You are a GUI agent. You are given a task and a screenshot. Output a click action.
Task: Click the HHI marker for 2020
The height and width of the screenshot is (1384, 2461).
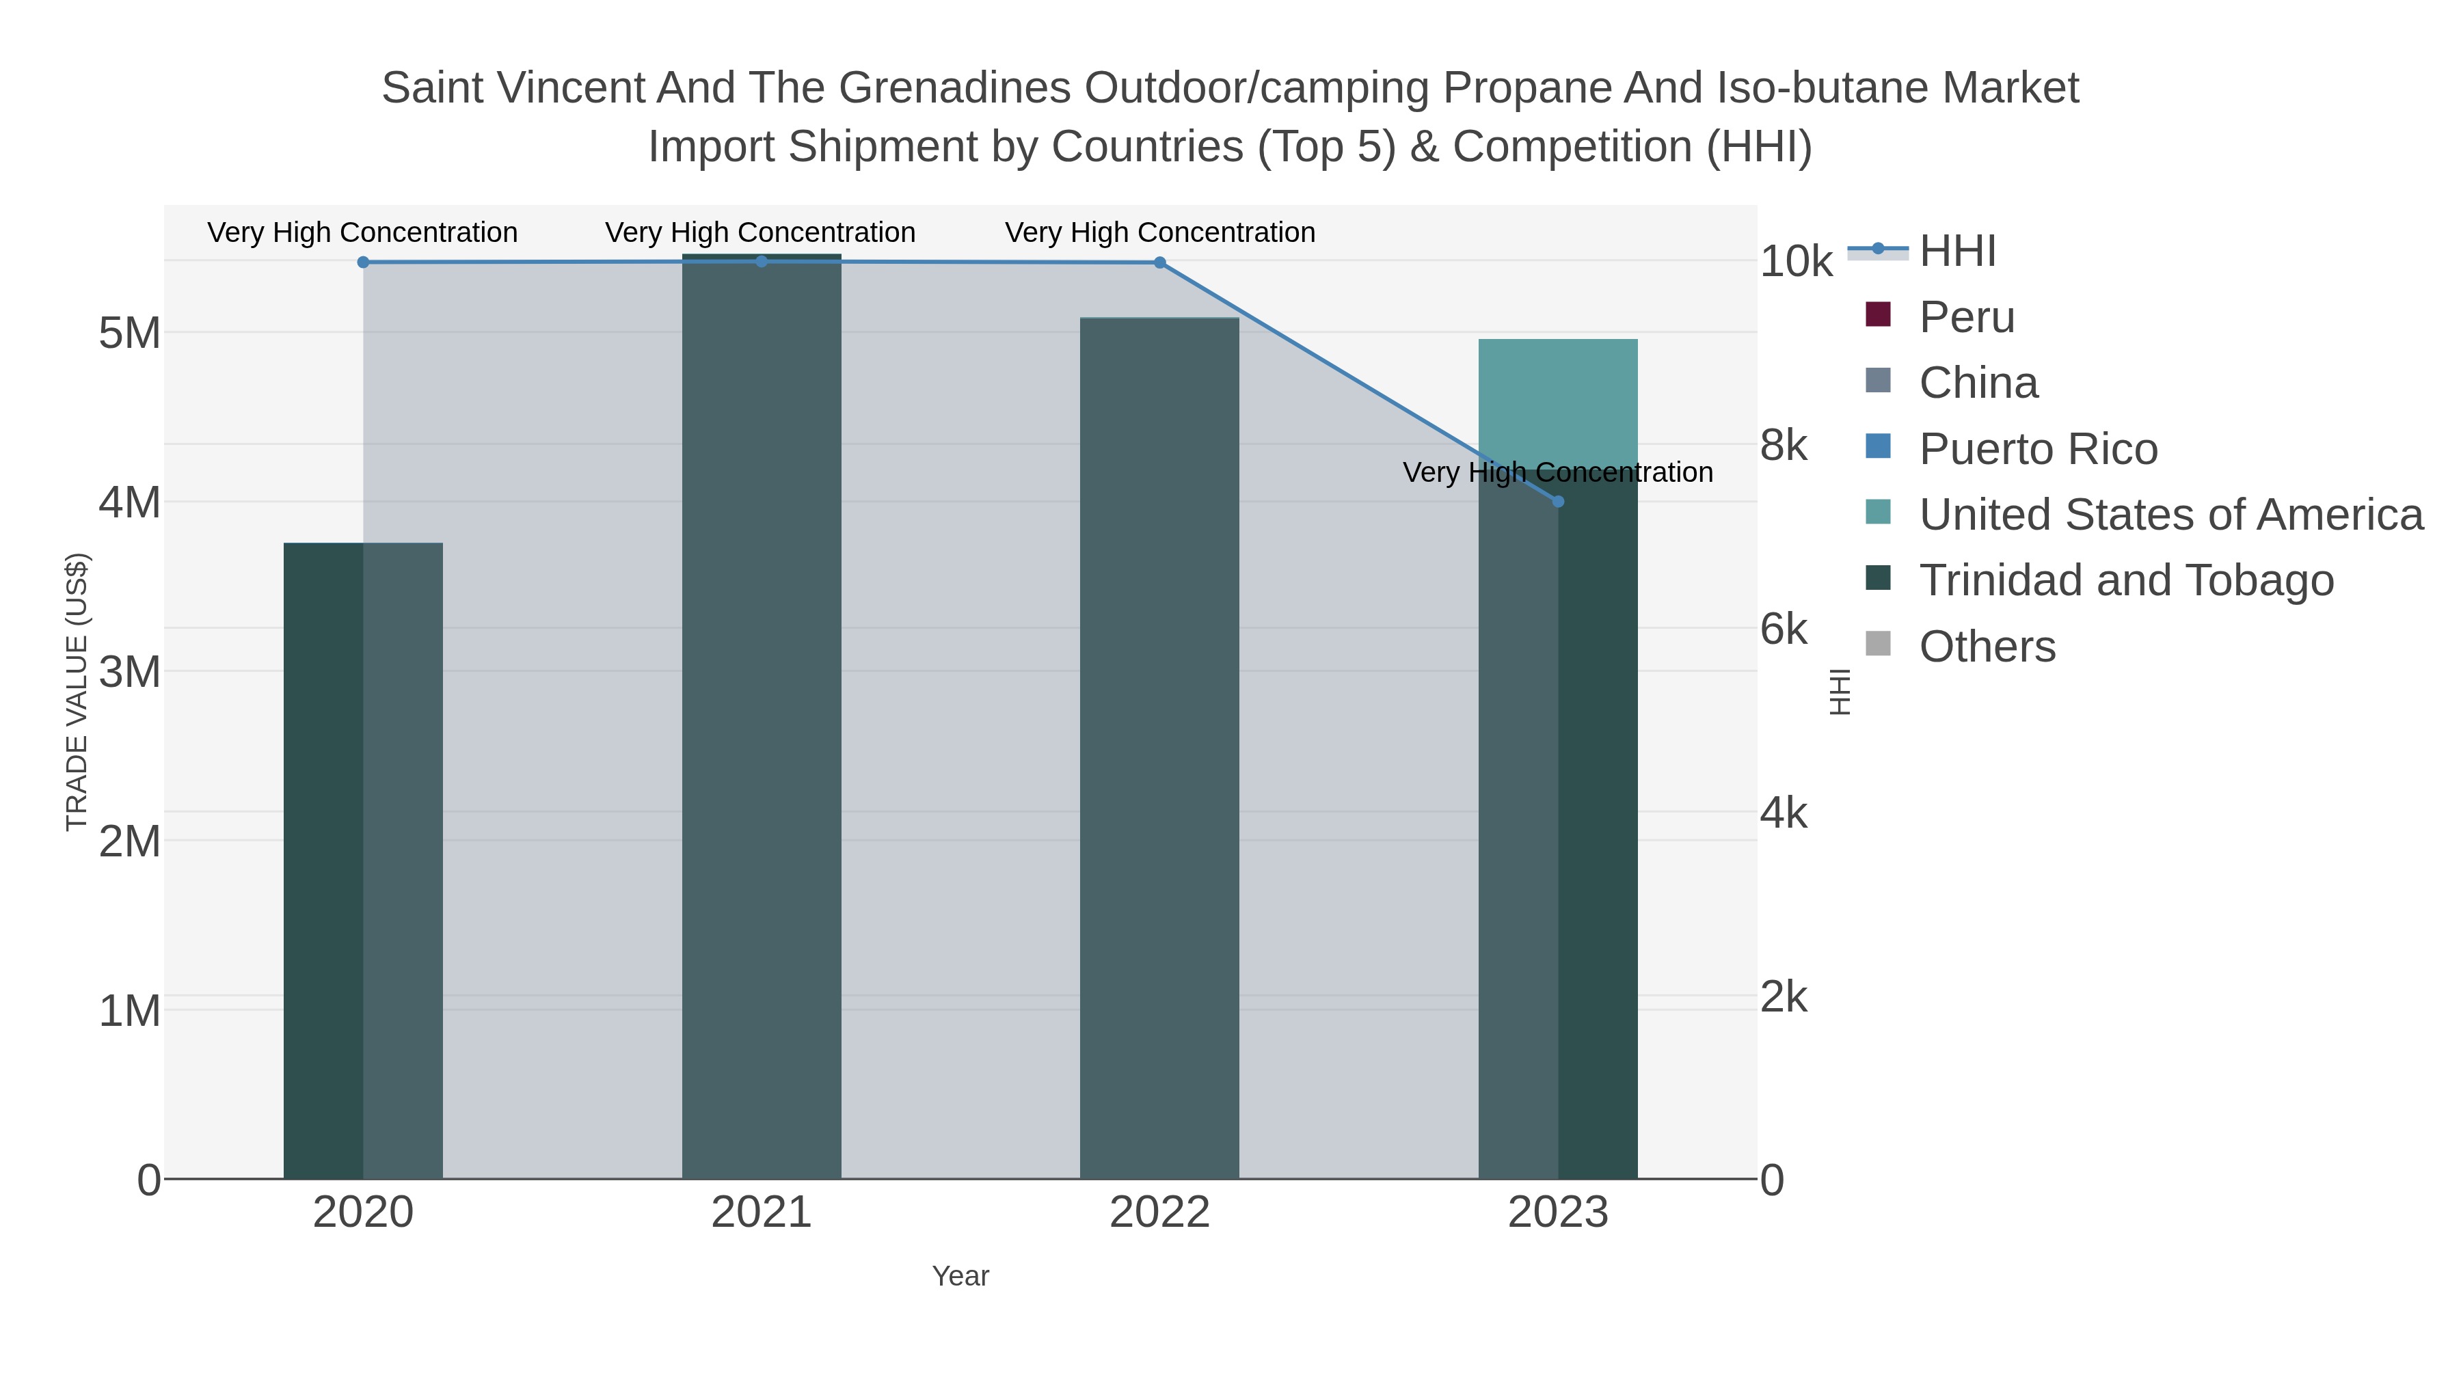coord(363,262)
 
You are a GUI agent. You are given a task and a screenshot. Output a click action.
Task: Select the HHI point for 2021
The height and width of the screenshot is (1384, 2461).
coord(762,262)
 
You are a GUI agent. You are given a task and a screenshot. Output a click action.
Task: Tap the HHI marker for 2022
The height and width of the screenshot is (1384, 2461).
coord(1160,262)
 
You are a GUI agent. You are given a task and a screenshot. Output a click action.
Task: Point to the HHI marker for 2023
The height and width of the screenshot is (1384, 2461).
coord(1558,502)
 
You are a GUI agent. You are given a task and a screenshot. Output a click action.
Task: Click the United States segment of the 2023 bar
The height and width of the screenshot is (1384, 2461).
coord(1558,404)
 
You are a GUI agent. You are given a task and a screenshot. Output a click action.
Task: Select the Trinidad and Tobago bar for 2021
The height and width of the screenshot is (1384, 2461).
coord(762,716)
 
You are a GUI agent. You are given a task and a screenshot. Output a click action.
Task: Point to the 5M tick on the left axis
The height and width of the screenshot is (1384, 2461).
coord(130,334)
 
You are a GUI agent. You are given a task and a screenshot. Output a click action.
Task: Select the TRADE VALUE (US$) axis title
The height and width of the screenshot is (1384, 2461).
coord(77,692)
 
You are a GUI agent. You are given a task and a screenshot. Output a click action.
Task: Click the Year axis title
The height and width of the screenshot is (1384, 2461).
coord(960,1276)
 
